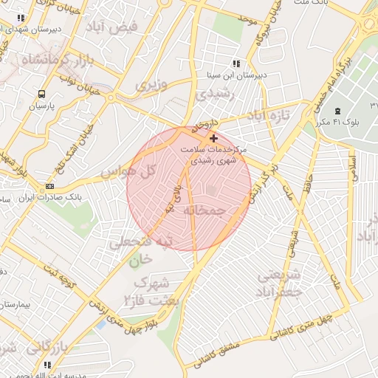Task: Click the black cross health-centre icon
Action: [214, 138]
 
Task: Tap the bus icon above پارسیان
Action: [41, 94]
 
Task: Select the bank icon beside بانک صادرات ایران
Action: [49, 186]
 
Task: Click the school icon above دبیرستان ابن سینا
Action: [236, 63]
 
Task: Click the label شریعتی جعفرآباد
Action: [281, 283]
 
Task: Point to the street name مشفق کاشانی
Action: [220, 356]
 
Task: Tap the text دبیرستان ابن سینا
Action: [236, 75]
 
